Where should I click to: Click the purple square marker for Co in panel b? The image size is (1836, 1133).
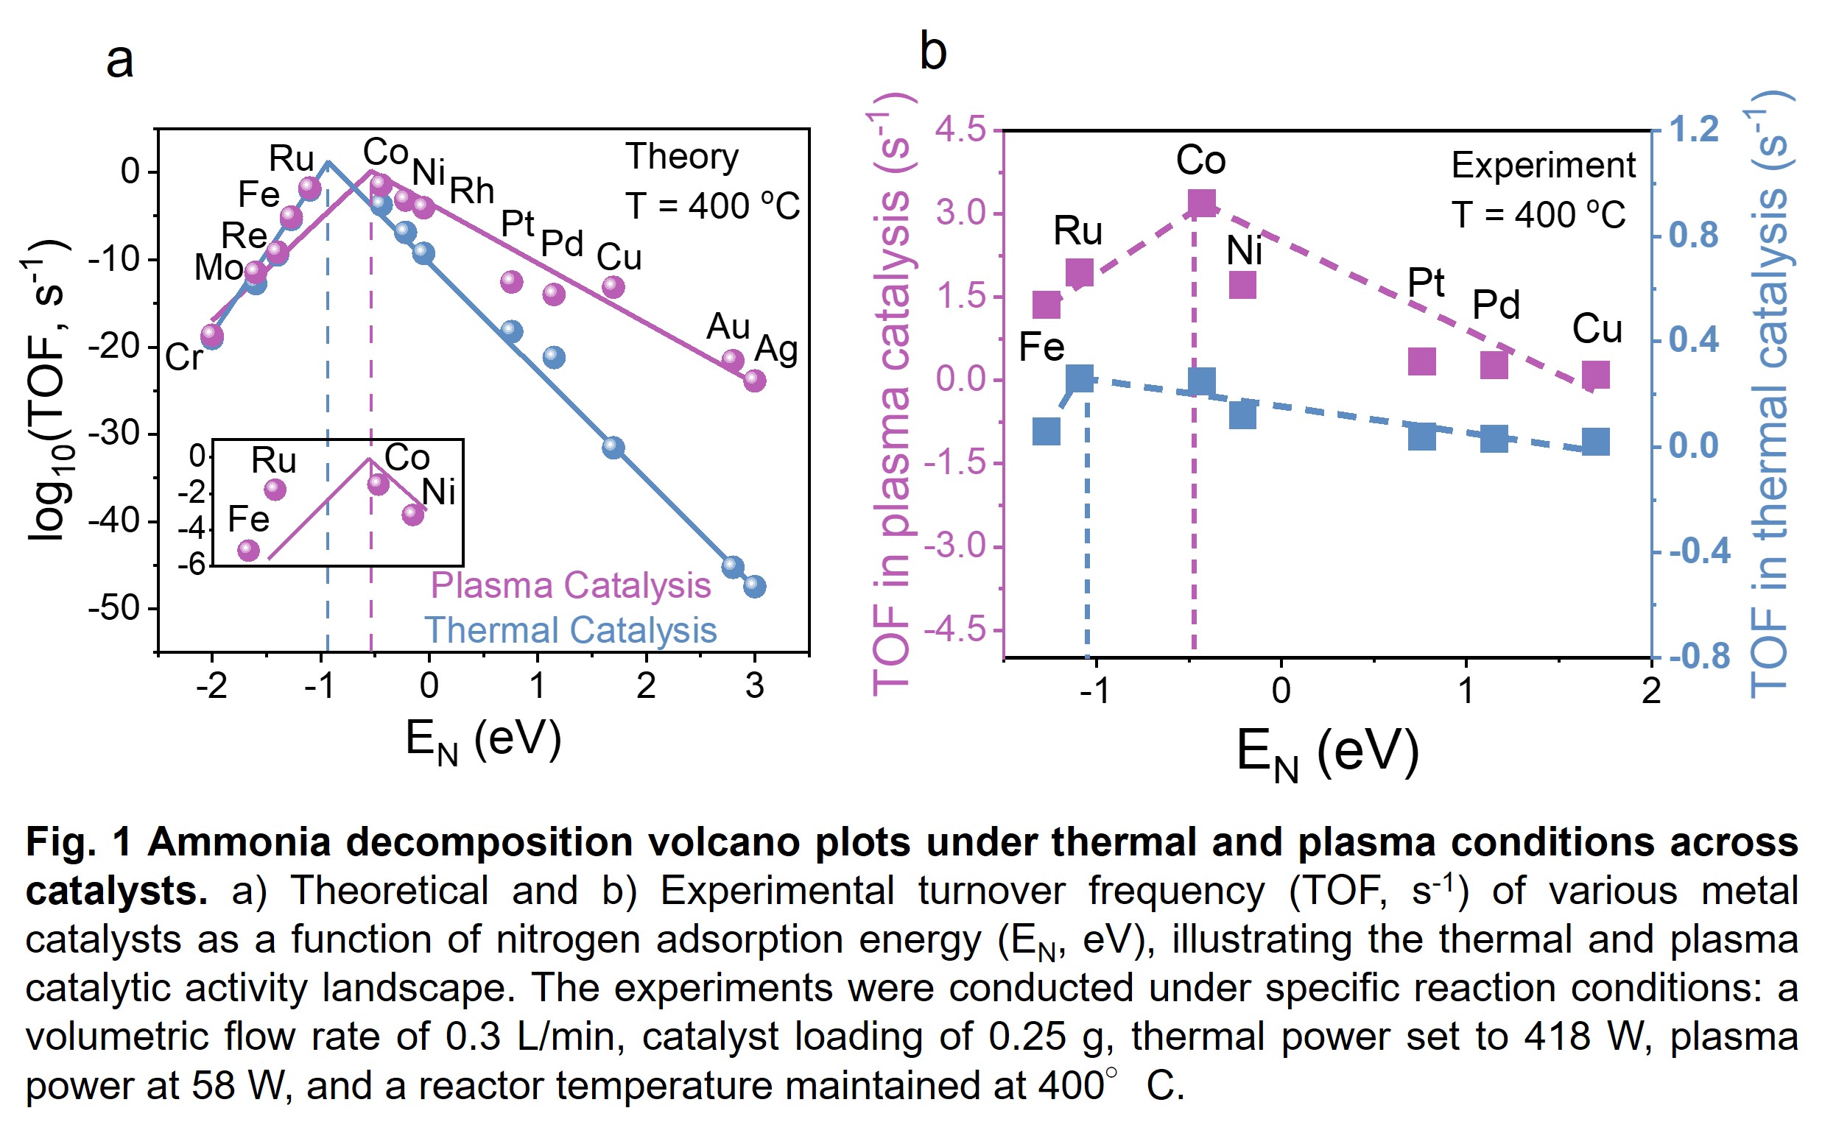point(1201,203)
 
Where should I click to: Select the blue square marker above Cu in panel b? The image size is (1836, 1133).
point(1595,442)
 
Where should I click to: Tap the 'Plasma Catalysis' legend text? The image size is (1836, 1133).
point(570,585)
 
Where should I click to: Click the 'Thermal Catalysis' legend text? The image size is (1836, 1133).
point(570,630)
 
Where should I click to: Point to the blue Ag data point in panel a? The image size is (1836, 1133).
point(754,586)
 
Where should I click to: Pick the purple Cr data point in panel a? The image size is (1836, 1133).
point(212,333)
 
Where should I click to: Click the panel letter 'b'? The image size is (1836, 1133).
point(933,52)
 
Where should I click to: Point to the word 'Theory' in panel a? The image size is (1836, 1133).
point(682,158)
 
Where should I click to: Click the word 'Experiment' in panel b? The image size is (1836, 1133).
point(1543,166)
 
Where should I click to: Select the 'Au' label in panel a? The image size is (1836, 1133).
point(728,327)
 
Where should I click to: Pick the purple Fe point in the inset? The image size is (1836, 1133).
point(249,551)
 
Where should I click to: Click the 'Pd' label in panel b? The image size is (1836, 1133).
point(1496,305)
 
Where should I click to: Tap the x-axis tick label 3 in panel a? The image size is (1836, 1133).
point(755,685)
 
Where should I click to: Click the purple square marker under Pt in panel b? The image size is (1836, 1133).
point(1421,362)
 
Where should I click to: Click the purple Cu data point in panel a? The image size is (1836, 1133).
point(613,286)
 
